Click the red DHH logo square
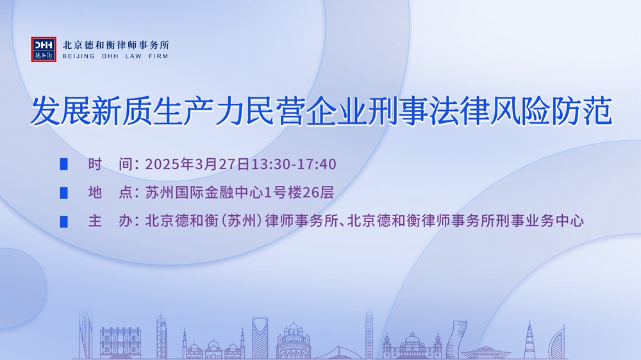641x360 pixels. (44, 49)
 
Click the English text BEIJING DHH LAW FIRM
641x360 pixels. (115, 56)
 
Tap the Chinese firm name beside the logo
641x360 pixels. (115, 45)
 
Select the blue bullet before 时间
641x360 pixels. (63, 164)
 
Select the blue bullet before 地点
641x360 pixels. (63, 192)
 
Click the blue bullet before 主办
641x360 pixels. (63, 221)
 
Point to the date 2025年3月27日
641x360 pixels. (197, 164)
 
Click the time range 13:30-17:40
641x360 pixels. (294, 164)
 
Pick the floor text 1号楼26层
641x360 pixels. (299, 192)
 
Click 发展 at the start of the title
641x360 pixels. (60, 111)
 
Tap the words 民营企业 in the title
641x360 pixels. (304, 111)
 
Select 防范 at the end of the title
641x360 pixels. (582, 111)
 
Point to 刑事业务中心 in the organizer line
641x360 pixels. (540, 221)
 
